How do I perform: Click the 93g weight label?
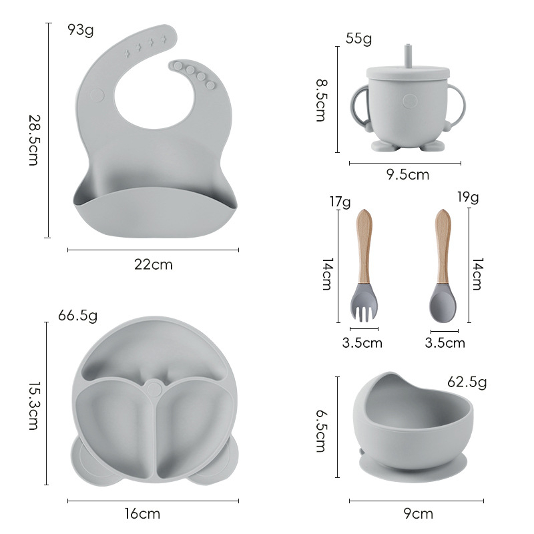pyautogui.click(x=81, y=30)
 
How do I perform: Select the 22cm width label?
pyautogui.click(x=154, y=264)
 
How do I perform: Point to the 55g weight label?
pyautogui.click(x=358, y=39)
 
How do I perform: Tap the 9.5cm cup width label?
pyautogui.click(x=408, y=175)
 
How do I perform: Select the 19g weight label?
pyautogui.click(x=468, y=197)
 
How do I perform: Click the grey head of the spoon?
pyautogui.click(x=443, y=304)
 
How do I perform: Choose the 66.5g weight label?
pyautogui.click(x=78, y=315)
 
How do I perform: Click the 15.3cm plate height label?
pyautogui.click(x=33, y=405)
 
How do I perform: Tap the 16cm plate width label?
pyautogui.click(x=143, y=514)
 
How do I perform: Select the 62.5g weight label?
pyautogui.click(x=467, y=382)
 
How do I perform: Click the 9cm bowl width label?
pyautogui.click(x=419, y=513)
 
